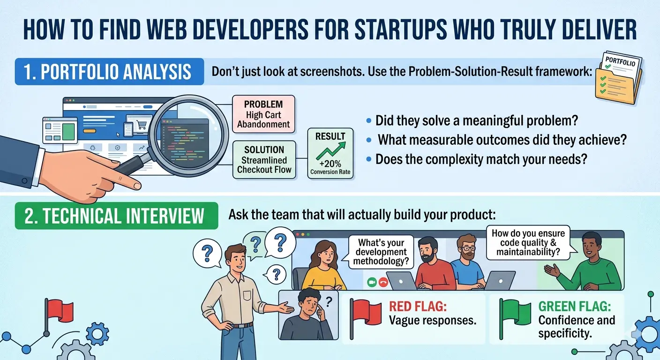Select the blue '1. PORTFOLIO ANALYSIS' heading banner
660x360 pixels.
[x=109, y=72]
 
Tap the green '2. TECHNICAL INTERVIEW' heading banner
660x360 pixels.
[x=116, y=216]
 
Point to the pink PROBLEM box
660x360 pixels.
[x=263, y=113]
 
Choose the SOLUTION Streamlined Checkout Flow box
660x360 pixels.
[x=264, y=159]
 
